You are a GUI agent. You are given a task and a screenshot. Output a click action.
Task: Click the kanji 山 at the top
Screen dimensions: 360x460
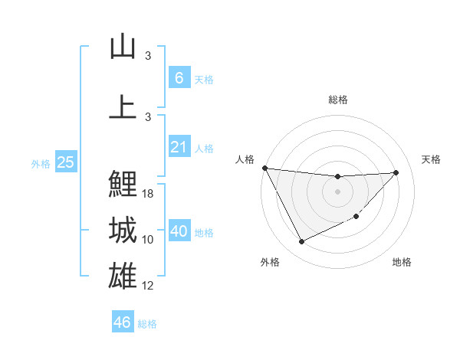tap(123, 47)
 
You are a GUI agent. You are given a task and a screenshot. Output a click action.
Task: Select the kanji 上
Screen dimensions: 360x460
tap(123, 106)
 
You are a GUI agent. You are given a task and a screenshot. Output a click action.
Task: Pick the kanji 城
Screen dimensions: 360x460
tap(123, 230)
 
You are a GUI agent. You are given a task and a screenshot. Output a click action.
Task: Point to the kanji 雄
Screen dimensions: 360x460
tap(123, 276)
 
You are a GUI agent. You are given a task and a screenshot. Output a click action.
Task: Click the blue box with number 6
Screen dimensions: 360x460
tap(179, 78)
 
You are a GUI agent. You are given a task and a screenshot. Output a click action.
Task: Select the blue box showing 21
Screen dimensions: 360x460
tap(179, 147)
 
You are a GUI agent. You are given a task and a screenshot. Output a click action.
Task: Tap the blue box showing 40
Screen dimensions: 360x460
tap(179, 231)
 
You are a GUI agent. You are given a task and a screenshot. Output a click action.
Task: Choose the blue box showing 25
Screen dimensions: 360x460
tap(65, 162)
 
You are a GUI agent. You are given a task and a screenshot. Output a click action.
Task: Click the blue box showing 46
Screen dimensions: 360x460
tap(123, 322)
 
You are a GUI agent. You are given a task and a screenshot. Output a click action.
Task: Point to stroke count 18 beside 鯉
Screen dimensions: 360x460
tap(149, 194)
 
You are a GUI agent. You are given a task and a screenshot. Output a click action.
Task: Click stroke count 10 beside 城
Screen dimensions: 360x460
tap(149, 240)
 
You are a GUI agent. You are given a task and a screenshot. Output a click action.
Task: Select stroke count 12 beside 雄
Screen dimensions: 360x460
tap(149, 286)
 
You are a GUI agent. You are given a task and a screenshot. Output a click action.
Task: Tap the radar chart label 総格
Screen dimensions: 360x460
tap(337, 100)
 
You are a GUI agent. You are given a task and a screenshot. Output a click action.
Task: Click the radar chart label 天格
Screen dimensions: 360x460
tap(432, 159)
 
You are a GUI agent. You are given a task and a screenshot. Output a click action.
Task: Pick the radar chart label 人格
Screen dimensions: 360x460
tap(245, 159)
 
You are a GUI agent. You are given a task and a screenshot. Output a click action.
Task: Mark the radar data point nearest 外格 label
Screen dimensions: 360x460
tap(301, 242)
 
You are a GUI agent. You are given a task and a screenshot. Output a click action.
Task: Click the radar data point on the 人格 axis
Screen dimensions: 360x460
tap(264, 168)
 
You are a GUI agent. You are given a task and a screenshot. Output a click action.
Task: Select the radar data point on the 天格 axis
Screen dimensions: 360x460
tap(396, 172)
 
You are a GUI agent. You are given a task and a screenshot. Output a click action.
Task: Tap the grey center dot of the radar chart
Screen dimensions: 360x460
tap(337, 191)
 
